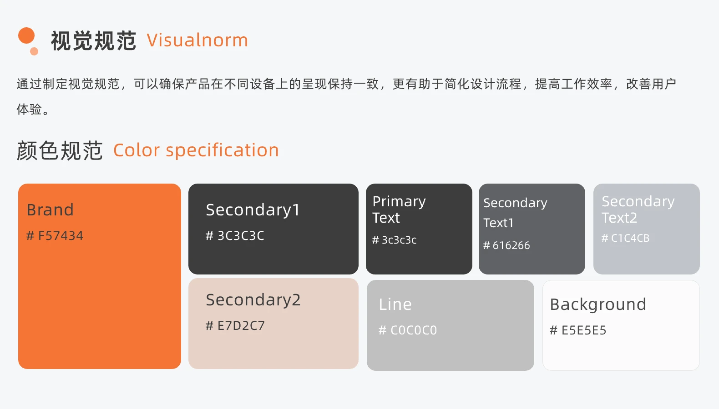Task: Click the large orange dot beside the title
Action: tap(26, 35)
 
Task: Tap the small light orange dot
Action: tap(34, 51)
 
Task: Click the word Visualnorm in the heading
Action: tap(197, 40)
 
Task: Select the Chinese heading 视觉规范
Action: tap(93, 41)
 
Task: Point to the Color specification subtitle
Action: tap(196, 150)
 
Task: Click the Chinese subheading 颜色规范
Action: tap(60, 150)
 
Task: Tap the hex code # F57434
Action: tap(55, 236)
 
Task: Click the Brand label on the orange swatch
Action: tap(50, 210)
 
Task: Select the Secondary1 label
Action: tap(253, 210)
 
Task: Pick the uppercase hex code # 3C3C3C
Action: tap(235, 236)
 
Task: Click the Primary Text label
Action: tap(399, 209)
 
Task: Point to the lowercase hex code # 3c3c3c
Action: tap(395, 240)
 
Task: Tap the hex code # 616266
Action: tap(506, 245)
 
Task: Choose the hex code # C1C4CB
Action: tap(625, 238)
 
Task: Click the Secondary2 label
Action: tap(253, 300)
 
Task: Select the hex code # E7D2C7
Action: tap(235, 326)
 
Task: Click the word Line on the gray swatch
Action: tap(395, 304)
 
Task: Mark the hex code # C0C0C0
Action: tap(408, 330)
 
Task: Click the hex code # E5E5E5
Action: tap(578, 330)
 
